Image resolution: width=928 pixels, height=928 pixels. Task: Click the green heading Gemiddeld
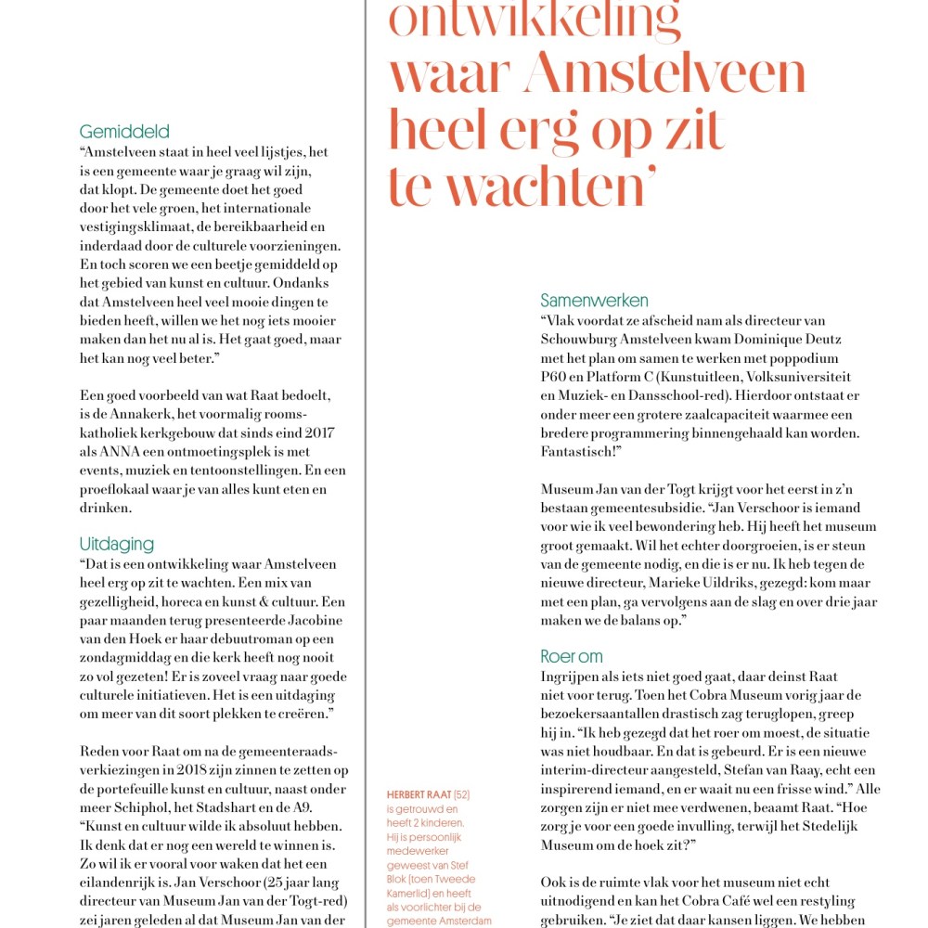tap(124, 132)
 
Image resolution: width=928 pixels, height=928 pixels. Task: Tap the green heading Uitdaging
tap(116, 544)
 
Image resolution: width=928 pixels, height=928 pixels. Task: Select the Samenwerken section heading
tap(594, 301)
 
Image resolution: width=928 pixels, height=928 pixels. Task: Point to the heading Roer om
tap(572, 656)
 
